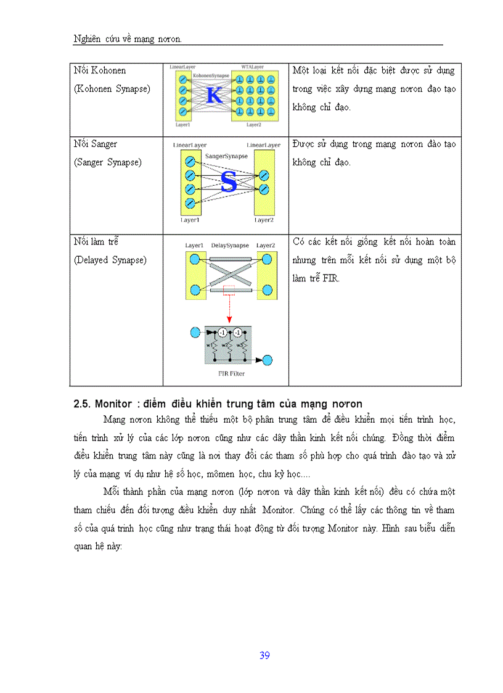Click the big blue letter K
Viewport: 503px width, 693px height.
click(214, 96)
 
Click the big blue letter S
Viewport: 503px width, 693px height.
click(229, 183)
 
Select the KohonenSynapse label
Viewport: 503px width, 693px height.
click(210, 74)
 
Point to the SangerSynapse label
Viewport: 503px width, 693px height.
click(226, 157)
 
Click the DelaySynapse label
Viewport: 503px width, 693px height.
click(230, 245)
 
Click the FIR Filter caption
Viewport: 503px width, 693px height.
click(227, 374)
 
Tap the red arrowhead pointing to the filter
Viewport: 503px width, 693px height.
click(229, 320)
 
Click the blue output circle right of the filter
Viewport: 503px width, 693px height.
click(268, 361)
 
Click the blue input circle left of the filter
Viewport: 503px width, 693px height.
click(195, 333)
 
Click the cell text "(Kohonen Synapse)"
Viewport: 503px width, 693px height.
click(112, 89)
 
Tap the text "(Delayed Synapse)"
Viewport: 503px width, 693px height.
click(110, 260)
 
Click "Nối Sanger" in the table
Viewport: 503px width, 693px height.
click(96, 144)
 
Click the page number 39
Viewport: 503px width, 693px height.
click(264, 655)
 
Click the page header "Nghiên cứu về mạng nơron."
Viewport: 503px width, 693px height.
click(128, 39)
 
